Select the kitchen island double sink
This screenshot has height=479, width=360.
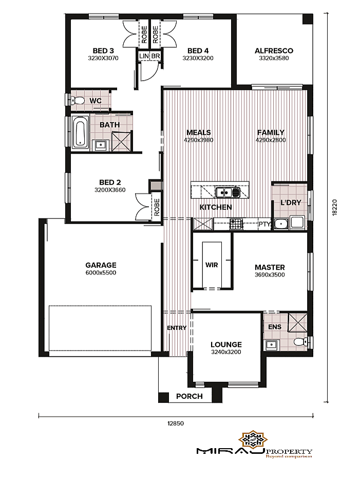[228, 192]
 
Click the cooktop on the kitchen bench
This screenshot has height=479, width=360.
[236, 224]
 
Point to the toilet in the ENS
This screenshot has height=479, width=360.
[300, 341]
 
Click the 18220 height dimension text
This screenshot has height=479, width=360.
[335, 208]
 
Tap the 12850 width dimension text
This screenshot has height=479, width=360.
[176, 423]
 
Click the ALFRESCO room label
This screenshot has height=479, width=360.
[274, 51]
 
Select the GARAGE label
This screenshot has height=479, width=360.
[101, 265]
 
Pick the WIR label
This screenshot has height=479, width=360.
[212, 265]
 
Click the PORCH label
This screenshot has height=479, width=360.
[190, 396]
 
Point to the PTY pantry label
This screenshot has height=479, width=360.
[264, 224]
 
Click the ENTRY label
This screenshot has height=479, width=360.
[177, 328]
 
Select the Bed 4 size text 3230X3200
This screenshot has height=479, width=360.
[198, 58]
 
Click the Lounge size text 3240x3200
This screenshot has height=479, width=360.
[226, 352]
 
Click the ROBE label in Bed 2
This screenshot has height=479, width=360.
[157, 208]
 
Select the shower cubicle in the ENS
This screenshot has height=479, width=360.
[297, 322]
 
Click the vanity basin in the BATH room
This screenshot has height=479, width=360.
[101, 145]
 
